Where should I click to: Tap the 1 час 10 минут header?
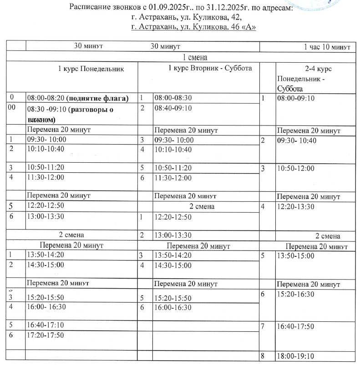pos(326,46)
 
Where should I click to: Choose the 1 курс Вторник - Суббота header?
pos(210,68)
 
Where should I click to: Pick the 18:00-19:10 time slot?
pos(296,356)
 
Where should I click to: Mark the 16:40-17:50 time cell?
pos(296,326)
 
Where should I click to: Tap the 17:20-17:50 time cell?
pos(46,335)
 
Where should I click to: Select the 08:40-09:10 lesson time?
pos(173,108)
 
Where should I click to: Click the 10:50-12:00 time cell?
pos(296,168)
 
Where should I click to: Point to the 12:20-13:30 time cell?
pos(296,207)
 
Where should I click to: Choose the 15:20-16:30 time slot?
pos(296,295)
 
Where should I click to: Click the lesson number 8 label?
pos(263,356)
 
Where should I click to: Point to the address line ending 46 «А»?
pos(193,27)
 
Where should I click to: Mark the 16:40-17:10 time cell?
pos(46,325)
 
